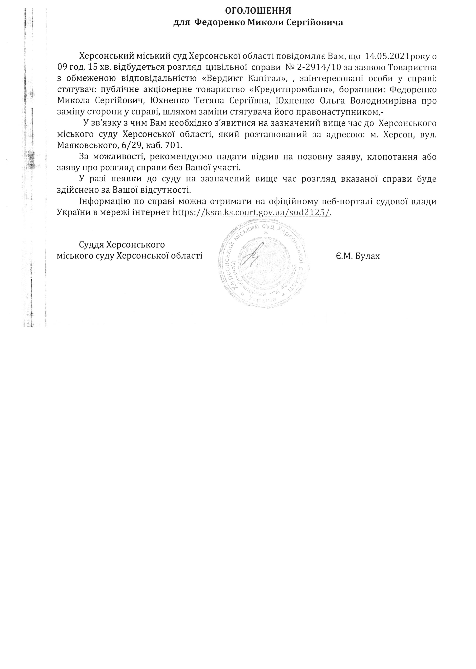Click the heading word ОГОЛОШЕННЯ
point(258,11)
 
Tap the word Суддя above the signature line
point(92,245)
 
